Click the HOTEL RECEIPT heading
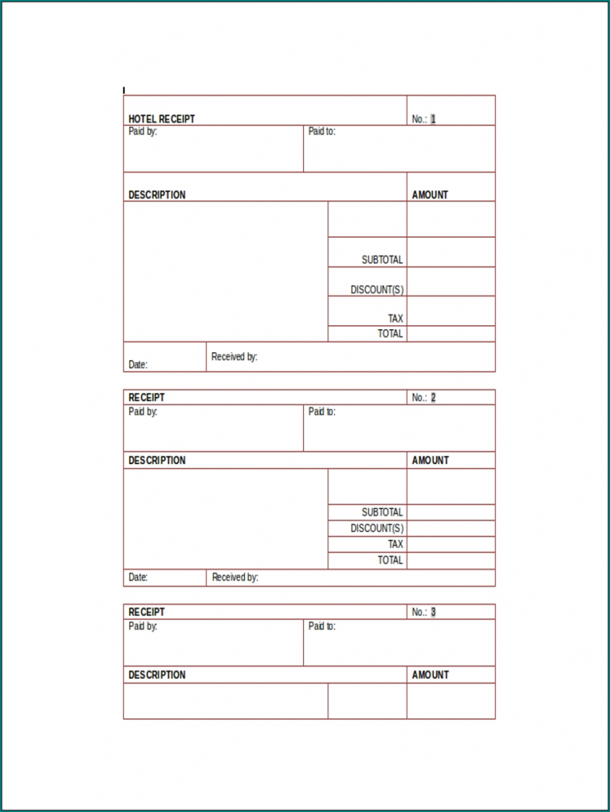(x=162, y=119)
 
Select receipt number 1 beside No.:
(x=433, y=119)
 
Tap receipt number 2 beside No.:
(x=433, y=397)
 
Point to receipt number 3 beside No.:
(x=433, y=612)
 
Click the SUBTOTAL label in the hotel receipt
(x=382, y=259)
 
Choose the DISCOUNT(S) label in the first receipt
(x=377, y=290)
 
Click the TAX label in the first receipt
(x=395, y=319)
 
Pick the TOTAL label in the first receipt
(x=390, y=334)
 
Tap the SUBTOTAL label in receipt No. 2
(x=382, y=512)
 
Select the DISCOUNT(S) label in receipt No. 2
(x=377, y=528)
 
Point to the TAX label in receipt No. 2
(x=395, y=544)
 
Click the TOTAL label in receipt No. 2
(x=390, y=560)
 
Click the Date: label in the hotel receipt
(x=138, y=365)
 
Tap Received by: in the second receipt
(x=235, y=577)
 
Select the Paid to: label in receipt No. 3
(x=321, y=626)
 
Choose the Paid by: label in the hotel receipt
(x=143, y=132)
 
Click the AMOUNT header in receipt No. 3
(x=430, y=675)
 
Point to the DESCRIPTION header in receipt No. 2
(x=157, y=460)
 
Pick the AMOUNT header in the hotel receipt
(x=430, y=194)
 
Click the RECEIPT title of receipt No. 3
(x=147, y=612)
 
